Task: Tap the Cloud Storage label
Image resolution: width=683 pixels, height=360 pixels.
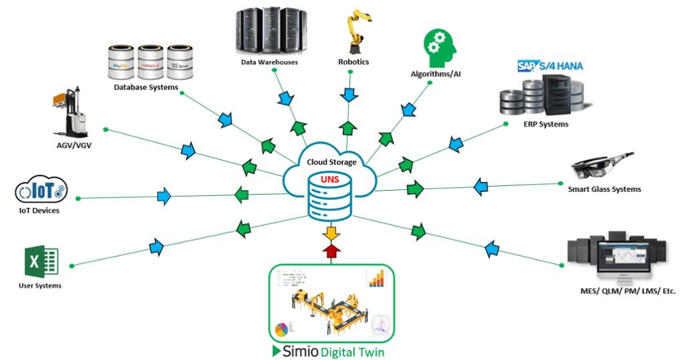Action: pos(331,162)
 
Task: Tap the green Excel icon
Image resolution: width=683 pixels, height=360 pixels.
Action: pos(41,261)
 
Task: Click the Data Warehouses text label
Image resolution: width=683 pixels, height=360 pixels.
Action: pos(269,62)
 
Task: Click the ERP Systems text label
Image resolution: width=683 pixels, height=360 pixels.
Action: pos(546,124)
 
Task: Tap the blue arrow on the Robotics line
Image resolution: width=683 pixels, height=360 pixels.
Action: pos(348,94)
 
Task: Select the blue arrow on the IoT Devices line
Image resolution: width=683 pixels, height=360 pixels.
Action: pos(163,197)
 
